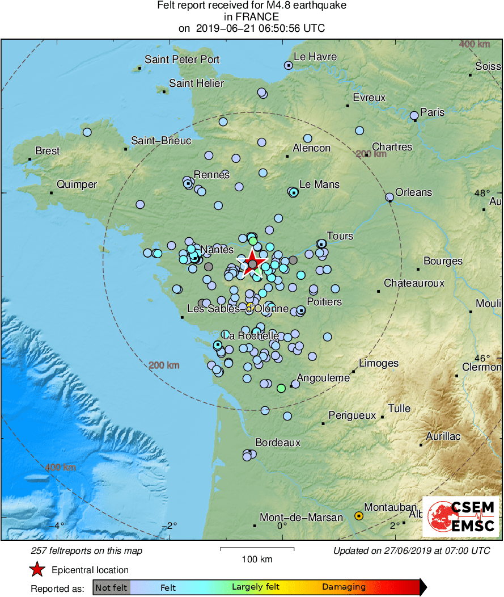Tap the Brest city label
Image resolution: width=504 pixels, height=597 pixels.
[47, 151]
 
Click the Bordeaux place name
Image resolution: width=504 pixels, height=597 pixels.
[278, 442]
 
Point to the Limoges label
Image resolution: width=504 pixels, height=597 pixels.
[379, 363]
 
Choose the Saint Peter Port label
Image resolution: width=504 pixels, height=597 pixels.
[182, 60]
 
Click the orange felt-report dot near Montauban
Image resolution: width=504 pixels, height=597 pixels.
[359, 516]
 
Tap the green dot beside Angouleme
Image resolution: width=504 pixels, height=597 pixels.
[281, 388]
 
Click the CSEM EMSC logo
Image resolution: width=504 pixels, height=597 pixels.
[461, 516]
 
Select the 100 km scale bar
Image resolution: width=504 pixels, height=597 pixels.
[257, 549]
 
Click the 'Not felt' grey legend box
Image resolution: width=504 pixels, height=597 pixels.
[111, 587]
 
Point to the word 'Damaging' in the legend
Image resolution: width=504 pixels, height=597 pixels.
[344, 587]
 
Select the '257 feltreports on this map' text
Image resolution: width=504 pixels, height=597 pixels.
[86, 550]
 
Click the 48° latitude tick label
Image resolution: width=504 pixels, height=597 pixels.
[480, 193]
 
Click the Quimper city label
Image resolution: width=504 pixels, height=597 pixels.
[77, 184]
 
